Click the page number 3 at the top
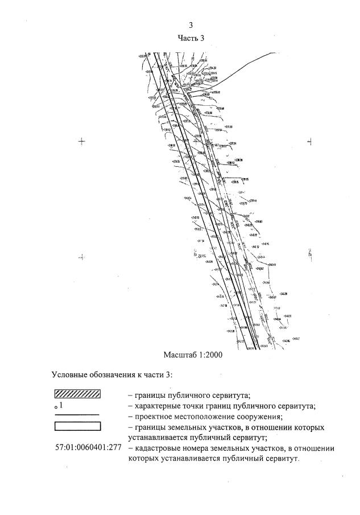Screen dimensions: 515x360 click(191, 25)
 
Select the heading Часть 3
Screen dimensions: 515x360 click(191, 38)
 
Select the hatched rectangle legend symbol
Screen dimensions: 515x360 click(77, 393)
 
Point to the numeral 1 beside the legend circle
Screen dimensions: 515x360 click(61, 406)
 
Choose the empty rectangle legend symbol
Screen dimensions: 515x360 click(77, 426)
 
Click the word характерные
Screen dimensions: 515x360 click(156, 406)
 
